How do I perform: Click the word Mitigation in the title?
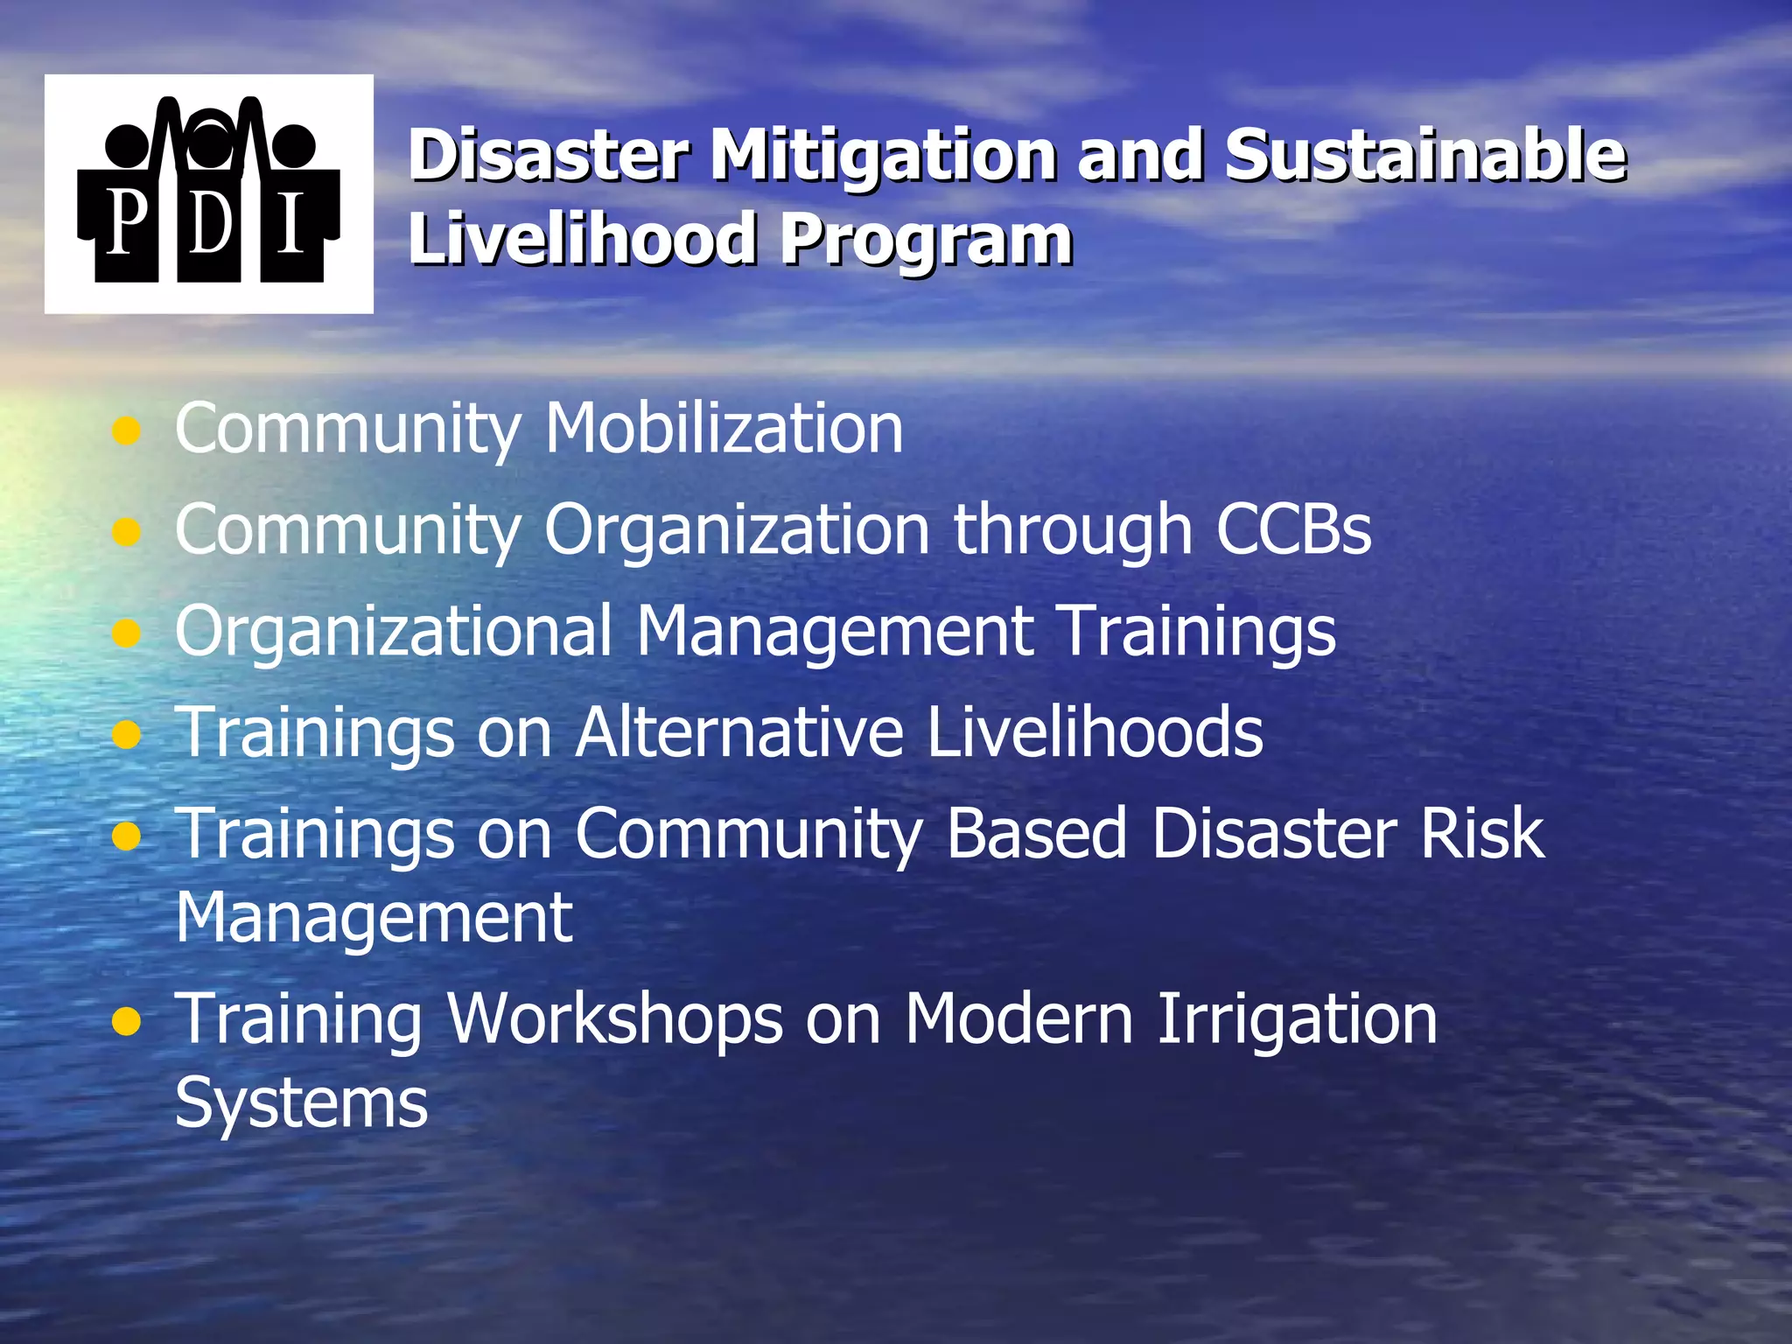click(882, 156)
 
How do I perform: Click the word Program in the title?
click(926, 240)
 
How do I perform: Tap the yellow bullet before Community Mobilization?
click(127, 430)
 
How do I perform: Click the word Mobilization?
click(724, 429)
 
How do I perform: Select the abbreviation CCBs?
click(1293, 529)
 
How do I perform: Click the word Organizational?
click(394, 632)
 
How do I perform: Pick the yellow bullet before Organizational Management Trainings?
click(127, 633)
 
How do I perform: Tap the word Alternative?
click(739, 731)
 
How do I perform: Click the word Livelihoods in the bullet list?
click(1095, 731)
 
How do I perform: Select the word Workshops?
click(615, 1019)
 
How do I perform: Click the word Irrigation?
click(1297, 1019)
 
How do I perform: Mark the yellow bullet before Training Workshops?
click(127, 1020)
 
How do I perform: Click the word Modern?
click(1018, 1019)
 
